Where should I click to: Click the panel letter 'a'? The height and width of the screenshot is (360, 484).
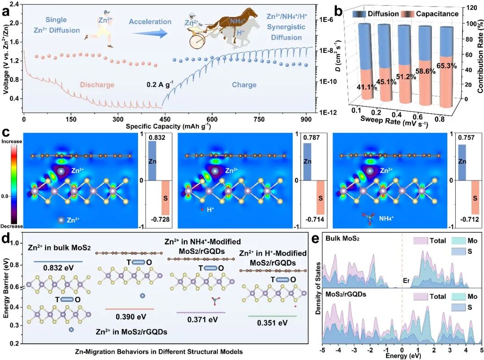7,11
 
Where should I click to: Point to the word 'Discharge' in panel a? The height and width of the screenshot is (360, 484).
97,85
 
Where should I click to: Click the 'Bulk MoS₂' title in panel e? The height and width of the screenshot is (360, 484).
342,240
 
